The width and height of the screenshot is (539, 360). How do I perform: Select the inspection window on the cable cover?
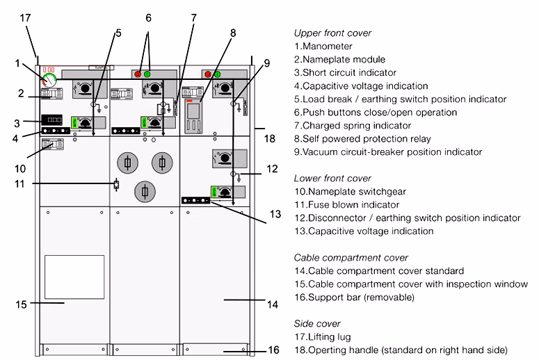[x=74, y=277]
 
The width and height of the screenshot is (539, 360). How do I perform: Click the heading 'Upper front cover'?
[x=332, y=33]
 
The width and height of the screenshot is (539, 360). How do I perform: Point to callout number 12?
[x=272, y=167]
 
